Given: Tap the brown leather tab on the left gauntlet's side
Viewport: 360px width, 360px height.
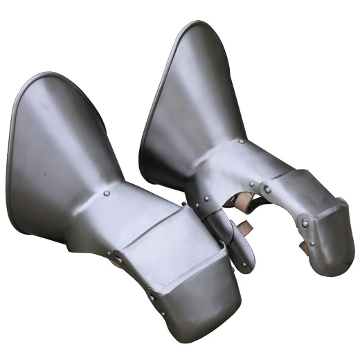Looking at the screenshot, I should pyautogui.click(x=119, y=258).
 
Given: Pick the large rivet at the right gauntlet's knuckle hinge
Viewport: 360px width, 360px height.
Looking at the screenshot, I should pyautogui.click(x=267, y=189).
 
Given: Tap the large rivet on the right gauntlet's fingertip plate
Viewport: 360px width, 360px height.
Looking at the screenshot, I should pyautogui.click(x=305, y=223).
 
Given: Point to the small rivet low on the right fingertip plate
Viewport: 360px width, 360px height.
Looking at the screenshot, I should pyautogui.click(x=311, y=244).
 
